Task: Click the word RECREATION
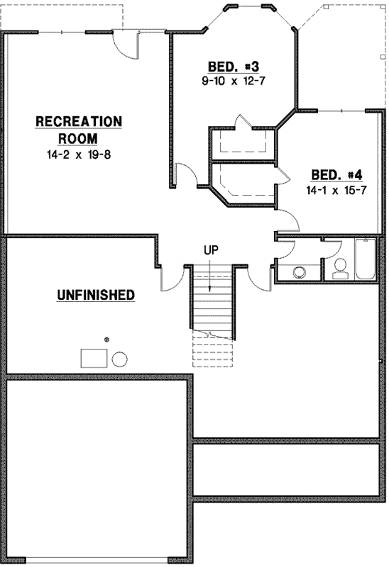[x=79, y=122]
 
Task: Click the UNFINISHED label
[x=96, y=294]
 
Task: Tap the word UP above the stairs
[x=211, y=249]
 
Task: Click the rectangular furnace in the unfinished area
[x=94, y=358]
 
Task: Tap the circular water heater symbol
[x=119, y=359]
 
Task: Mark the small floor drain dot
[x=107, y=340]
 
